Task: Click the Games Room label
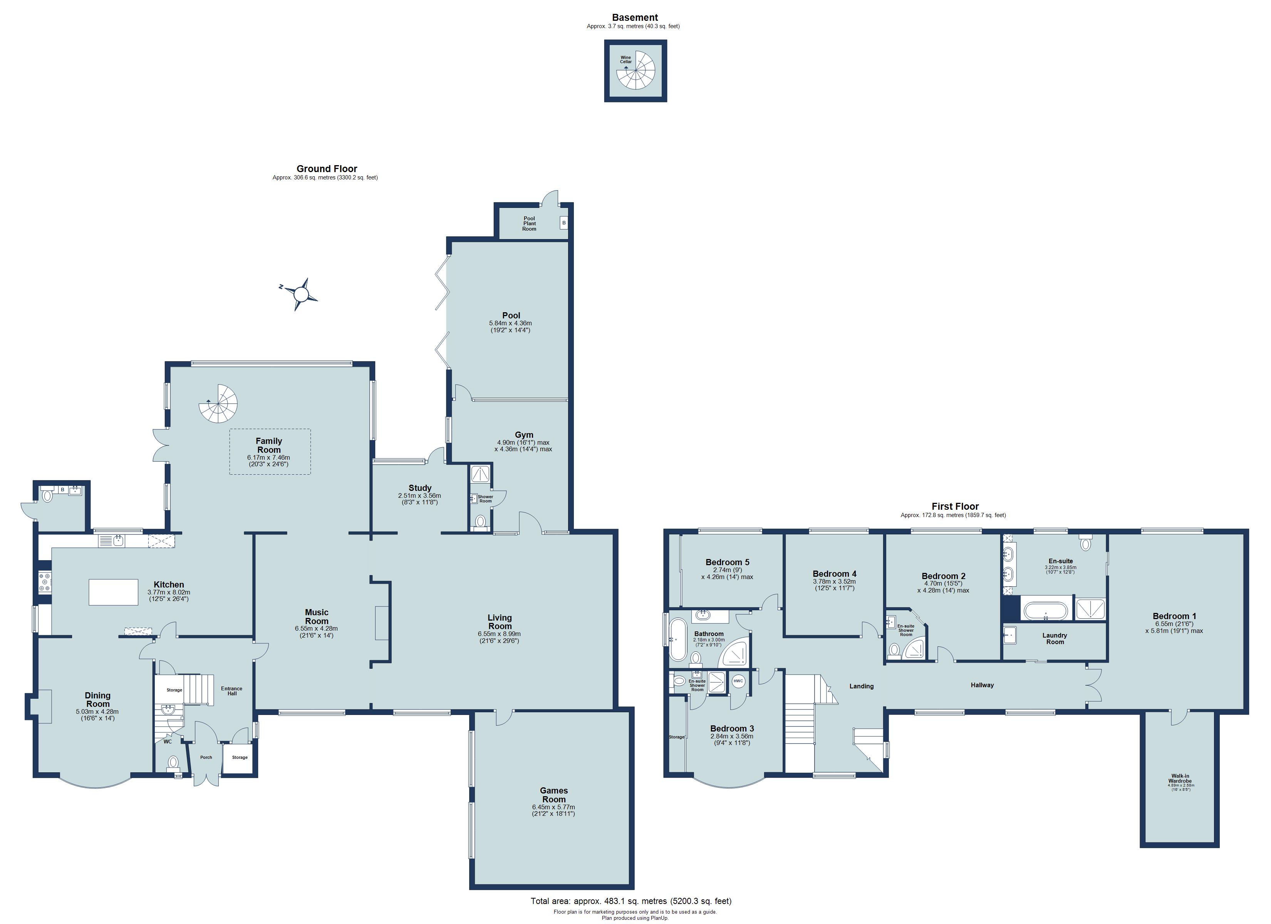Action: coord(554,795)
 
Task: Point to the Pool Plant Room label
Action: coord(529,224)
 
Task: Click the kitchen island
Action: coord(113,592)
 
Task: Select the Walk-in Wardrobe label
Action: coord(1180,778)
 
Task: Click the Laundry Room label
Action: coord(1055,638)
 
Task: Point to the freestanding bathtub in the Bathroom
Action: coord(675,639)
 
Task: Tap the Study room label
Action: coord(420,488)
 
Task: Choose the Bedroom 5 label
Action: coord(728,562)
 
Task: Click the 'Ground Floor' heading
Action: coord(327,169)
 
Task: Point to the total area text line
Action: coord(631,901)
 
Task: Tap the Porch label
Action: coord(206,757)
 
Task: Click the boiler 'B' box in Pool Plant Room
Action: coord(564,223)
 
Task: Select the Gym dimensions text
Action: coord(524,445)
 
